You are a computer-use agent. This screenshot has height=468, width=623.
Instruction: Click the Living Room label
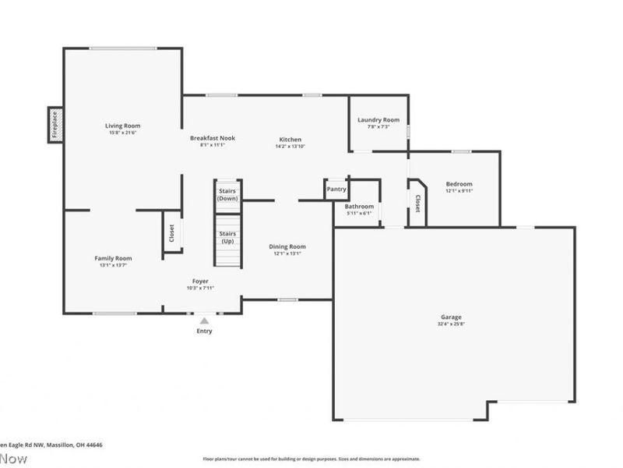coord(123,126)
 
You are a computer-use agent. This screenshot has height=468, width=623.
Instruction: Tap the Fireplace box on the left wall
coord(55,125)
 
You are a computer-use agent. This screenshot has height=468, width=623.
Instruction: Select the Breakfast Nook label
coord(213,138)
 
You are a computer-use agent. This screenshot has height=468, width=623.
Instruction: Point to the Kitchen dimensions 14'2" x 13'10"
coord(290,146)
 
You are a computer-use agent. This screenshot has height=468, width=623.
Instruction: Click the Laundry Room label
coord(378,119)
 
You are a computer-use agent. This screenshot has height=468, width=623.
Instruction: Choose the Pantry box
coord(336,189)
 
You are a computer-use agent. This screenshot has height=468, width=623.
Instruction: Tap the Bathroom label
coord(359,207)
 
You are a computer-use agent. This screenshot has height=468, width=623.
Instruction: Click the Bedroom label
coord(459,184)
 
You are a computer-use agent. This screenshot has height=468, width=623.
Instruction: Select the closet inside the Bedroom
coord(417,204)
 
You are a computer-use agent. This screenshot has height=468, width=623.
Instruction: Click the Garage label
coord(451,317)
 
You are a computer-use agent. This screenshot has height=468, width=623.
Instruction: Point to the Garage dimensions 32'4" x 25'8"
coord(451,324)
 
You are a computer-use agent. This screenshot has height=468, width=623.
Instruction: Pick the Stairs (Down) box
coord(227,194)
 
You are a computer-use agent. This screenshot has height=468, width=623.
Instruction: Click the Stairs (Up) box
coord(227,237)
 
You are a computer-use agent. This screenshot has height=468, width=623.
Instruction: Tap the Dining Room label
coord(287,246)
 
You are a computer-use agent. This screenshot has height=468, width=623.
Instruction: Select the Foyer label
coord(200,281)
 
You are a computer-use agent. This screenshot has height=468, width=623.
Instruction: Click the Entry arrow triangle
coord(204,321)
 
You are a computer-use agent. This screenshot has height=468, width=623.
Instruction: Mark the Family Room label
coord(113,258)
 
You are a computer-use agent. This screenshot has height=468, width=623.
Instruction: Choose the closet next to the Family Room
coord(172,232)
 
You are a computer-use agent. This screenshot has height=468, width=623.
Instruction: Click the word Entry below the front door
coord(204,331)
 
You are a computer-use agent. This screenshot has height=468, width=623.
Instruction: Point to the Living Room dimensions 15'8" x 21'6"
coord(123,133)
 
